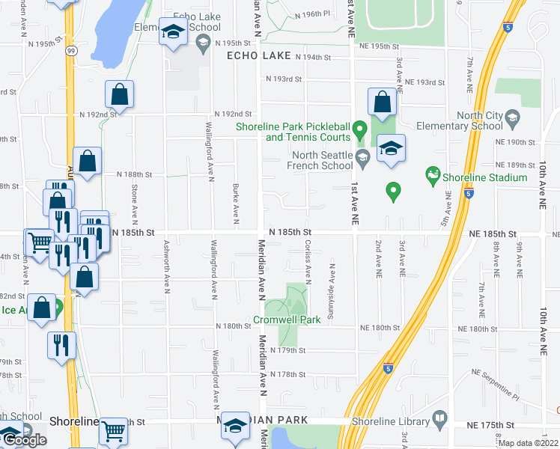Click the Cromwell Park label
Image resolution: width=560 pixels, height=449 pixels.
coord(287,320)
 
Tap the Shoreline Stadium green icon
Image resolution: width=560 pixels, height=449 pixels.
coord(432,177)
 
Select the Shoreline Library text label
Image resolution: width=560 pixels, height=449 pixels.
coord(388,422)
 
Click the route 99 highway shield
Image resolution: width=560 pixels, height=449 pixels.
coord(69,50)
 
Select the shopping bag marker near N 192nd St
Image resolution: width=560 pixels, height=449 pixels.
coord(119,95)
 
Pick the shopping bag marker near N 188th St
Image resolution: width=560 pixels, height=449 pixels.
coord(88,162)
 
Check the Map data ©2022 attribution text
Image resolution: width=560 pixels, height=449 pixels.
coord(529,443)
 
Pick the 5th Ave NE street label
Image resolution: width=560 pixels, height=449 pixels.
coord(448,210)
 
